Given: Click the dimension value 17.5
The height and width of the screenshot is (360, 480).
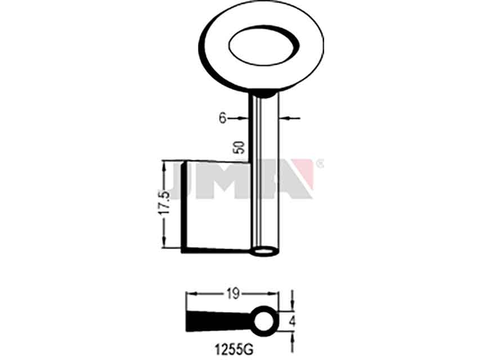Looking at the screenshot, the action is pyautogui.click(x=164, y=204).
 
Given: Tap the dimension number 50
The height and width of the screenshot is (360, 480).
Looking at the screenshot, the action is pyautogui.click(x=239, y=147).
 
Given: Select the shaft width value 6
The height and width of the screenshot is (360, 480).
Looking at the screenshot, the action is pyautogui.click(x=222, y=118).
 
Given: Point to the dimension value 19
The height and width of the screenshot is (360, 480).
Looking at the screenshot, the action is pyautogui.click(x=233, y=294).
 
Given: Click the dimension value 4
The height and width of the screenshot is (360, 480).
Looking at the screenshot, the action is pyautogui.click(x=293, y=322).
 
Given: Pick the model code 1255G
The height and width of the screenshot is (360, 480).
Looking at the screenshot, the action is pyautogui.click(x=234, y=349).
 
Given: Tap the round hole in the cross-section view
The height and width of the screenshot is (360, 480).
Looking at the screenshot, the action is pyautogui.click(x=263, y=321).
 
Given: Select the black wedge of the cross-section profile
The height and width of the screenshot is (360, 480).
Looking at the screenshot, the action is pyautogui.click(x=219, y=321).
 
